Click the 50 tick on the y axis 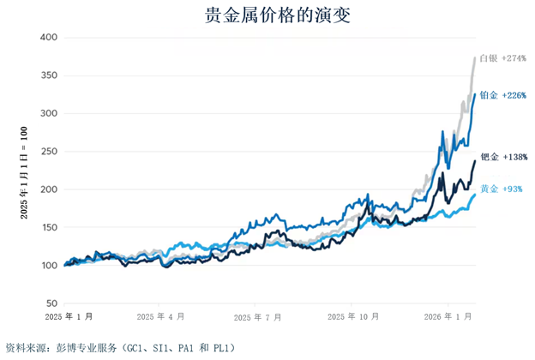(51, 303)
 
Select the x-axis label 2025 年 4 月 (160, 317)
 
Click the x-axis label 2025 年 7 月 (257, 317)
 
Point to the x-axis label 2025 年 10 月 (352, 317)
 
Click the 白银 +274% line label (502, 58)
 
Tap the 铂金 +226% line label (502, 95)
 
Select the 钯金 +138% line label (504, 157)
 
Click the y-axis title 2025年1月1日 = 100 (24, 171)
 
